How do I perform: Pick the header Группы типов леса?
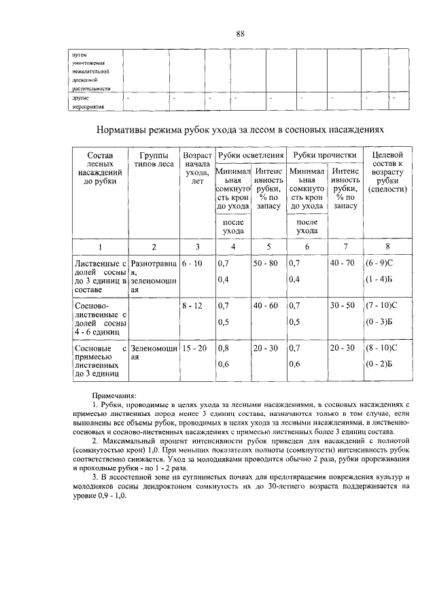coord(154,161)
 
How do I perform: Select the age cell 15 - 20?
coord(195,348)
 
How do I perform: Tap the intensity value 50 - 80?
coord(266,262)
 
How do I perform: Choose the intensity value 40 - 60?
coord(266,306)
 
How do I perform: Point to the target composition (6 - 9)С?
coord(384,262)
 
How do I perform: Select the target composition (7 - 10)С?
coord(385,306)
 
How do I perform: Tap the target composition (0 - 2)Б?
coord(383,364)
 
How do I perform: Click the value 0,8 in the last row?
coord(222,348)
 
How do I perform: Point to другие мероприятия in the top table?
coord(89,102)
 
